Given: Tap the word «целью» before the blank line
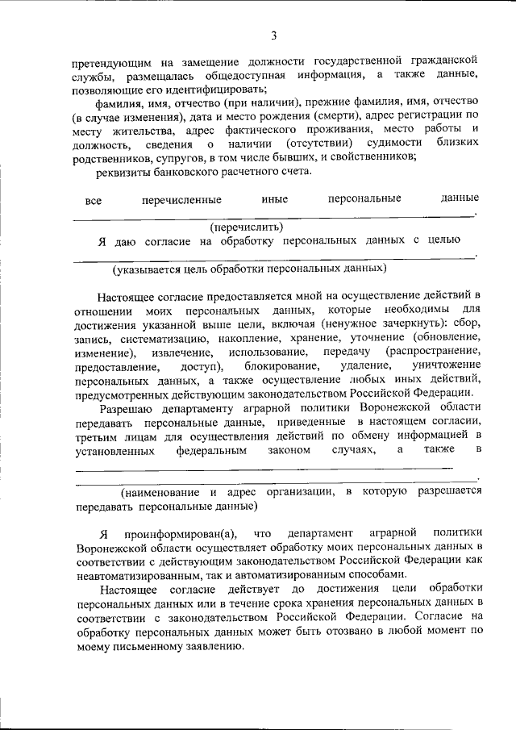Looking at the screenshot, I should click(443, 240).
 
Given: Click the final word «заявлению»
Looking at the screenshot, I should click(209, 647).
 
